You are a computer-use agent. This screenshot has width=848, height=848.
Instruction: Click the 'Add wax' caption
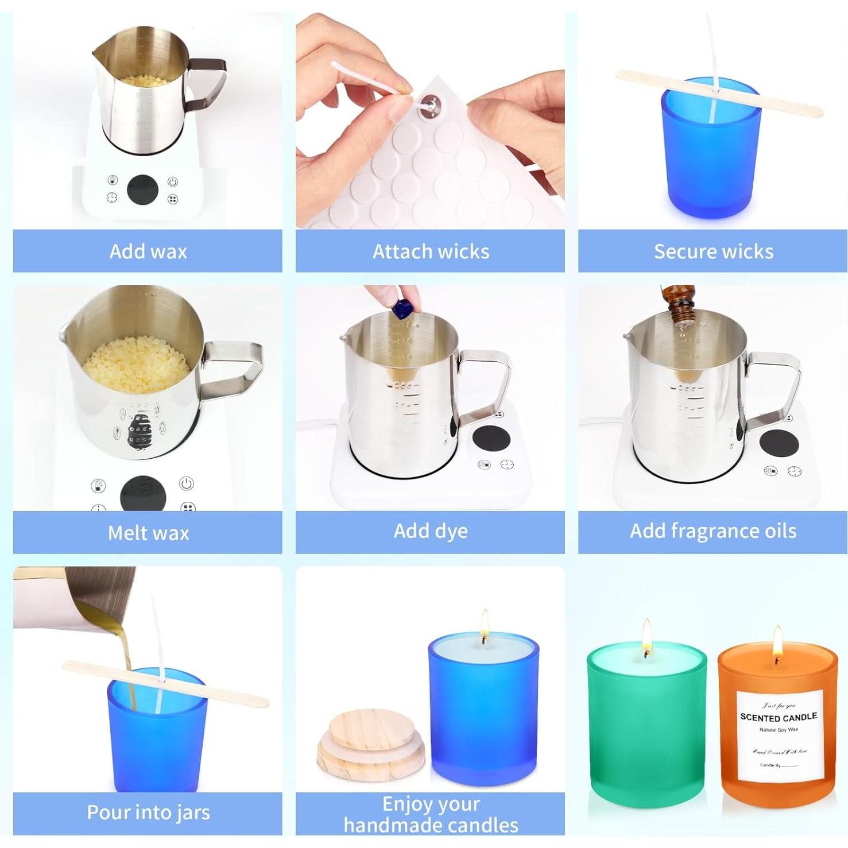pos(148,251)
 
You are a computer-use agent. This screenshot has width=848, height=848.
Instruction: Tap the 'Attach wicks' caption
pos(431,251)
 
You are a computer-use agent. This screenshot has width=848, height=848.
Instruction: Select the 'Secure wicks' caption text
pos(713,251)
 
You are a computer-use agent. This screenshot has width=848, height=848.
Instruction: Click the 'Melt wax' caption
pos(148,533)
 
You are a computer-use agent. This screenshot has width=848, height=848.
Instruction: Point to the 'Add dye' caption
pos(431,531)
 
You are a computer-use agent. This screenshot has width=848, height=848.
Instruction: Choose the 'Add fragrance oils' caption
pos(713,531)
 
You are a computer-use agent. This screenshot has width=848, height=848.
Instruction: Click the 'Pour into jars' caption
pos(148,812)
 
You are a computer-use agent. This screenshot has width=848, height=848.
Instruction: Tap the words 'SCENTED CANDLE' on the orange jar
pos(779,717)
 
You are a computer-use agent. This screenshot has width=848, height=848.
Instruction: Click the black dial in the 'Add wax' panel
pos(142,190)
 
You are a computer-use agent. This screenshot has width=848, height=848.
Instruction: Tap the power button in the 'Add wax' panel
pos(173,182)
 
